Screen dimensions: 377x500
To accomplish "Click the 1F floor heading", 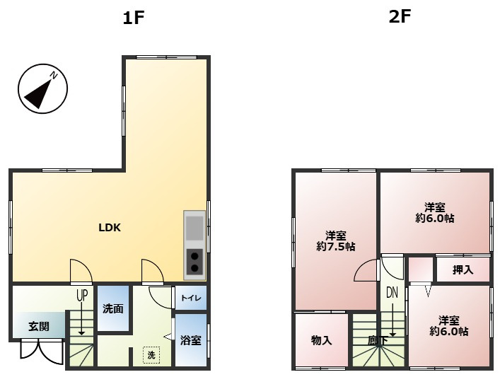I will coord(134,18).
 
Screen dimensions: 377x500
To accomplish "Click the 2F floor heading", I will coord(400,17).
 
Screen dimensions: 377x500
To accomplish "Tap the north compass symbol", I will coord(42,88).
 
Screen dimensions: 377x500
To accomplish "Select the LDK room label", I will coord(110,228).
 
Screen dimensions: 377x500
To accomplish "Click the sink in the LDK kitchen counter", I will coord(194,228).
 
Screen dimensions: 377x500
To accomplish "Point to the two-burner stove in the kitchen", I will coord(194,262).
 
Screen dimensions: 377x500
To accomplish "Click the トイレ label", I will coord(191,298).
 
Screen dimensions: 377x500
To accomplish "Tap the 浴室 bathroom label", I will coord(191,340).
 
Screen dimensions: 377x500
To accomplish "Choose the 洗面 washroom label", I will coord(113,309).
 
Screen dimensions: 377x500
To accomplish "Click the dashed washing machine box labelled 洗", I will coord(151,354).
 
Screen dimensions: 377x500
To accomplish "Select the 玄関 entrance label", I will coord(39,327).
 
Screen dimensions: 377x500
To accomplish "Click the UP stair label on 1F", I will coord(82,296).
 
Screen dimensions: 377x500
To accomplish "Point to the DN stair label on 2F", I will coord(392,292).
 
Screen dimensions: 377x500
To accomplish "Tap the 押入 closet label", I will coord(463,269).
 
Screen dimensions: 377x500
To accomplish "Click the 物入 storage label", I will coord(321,340).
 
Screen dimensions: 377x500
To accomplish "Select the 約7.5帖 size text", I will coord(335,247).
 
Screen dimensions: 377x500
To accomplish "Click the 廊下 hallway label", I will coord(378,341).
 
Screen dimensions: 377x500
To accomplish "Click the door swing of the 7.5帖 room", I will coord(368,270).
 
